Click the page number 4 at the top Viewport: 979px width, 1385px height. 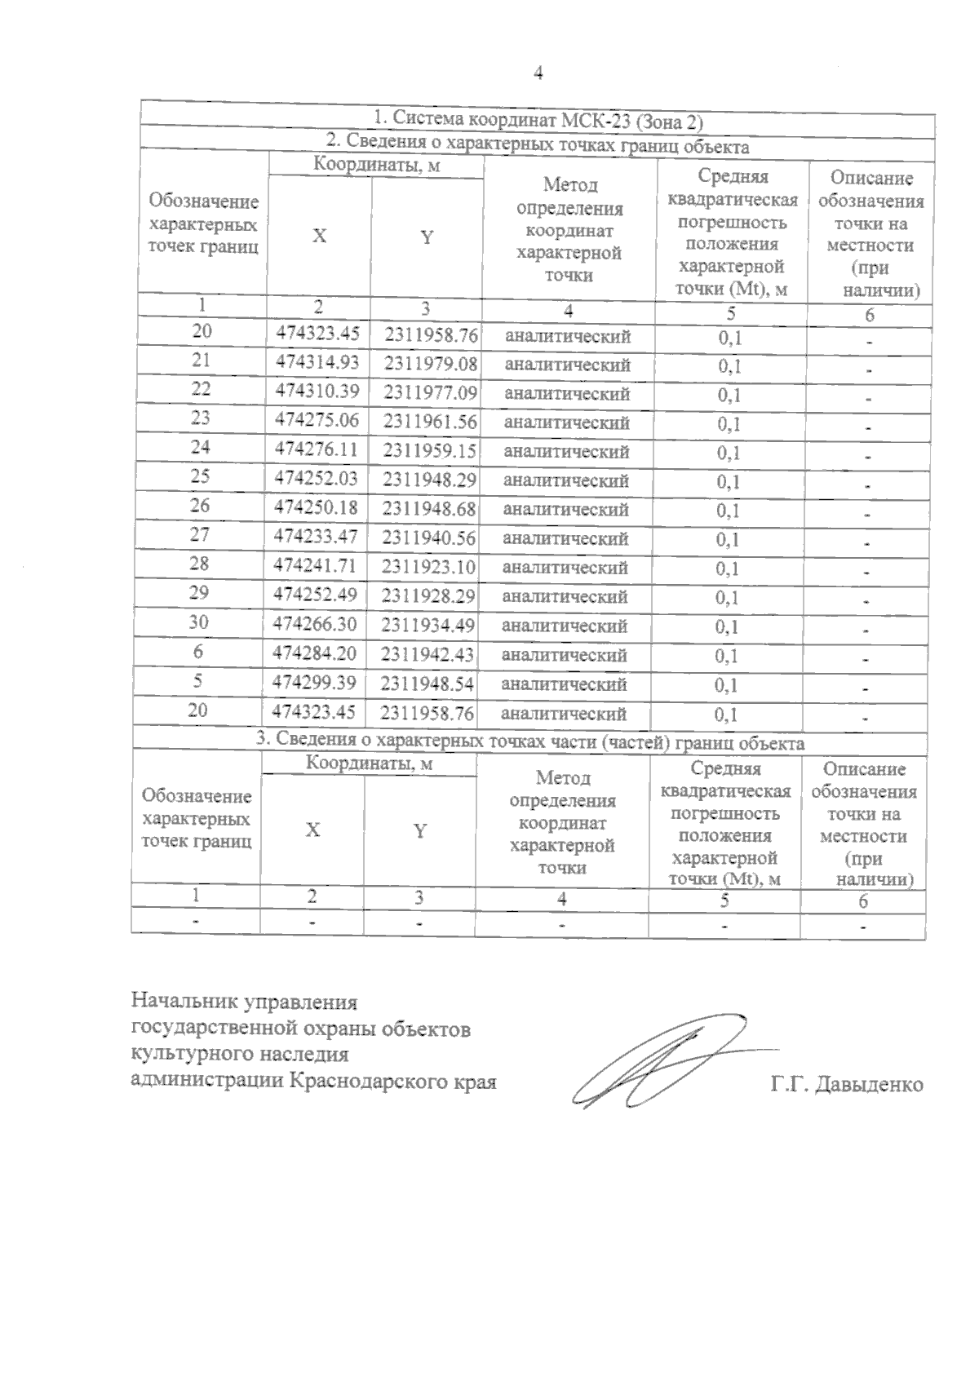pos(538,73)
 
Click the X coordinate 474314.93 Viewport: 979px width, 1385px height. pos(318,361)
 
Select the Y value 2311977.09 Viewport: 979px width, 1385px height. pos(430,392)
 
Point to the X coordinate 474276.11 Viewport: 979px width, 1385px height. pos(317,449)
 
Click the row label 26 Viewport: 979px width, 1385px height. pos(200,506)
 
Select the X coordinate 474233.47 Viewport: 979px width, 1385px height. pos(316,536)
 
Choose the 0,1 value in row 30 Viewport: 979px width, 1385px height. pos(727,627)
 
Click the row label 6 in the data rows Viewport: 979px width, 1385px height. pos(198,652)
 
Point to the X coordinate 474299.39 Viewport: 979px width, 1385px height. pos(315,682)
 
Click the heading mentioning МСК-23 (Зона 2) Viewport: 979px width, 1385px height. pos(538,120)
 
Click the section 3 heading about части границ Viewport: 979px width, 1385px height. pos(530,743)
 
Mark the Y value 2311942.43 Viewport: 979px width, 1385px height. pos(427,654)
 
